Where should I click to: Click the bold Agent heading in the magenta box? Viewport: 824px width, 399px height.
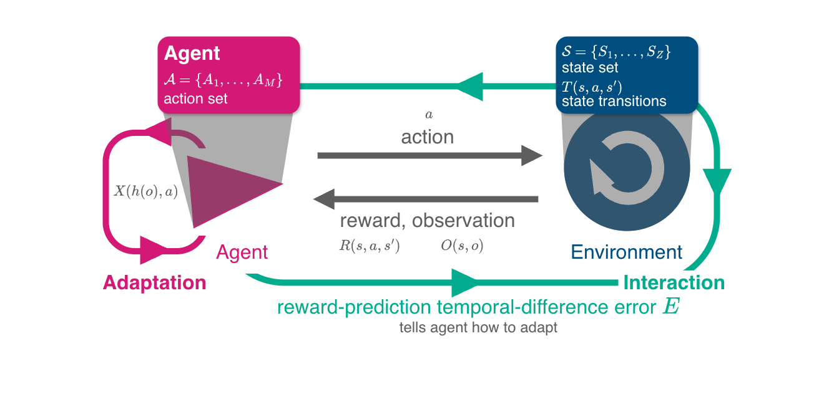pos(192,54)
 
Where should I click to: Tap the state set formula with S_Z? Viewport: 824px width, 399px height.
pos(616,52)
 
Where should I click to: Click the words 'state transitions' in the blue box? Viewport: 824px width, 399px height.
pos(614,101)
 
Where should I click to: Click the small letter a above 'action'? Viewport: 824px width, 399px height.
pos(428,115)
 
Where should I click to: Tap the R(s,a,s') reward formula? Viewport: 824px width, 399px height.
pos(369,246)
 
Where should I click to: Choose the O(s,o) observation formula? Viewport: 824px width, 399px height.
pos(462,246)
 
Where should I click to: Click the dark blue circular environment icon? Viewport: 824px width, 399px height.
pos(627,168)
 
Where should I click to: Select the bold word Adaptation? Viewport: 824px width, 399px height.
pos(154,283)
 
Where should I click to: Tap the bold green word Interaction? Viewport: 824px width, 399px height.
pos(674,283)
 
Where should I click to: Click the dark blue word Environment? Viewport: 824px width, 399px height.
pos(627,252)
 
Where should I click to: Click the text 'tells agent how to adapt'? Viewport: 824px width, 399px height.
pos(478,327)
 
